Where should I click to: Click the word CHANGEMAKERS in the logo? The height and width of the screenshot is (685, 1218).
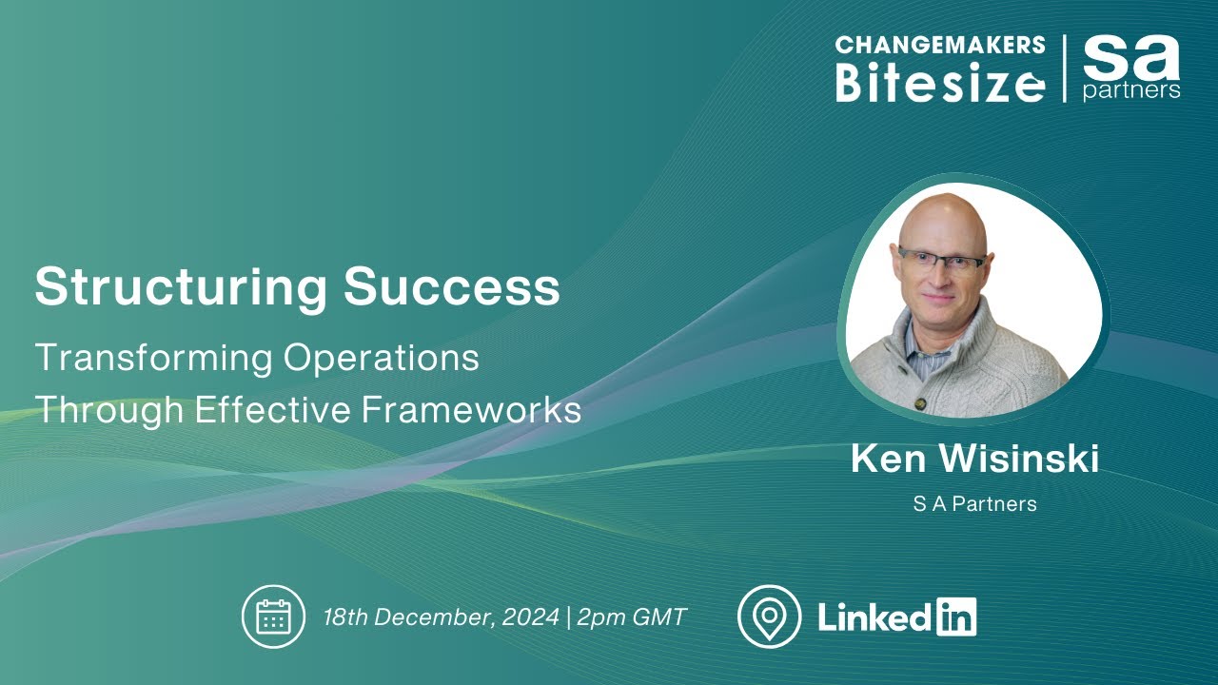point(940,46)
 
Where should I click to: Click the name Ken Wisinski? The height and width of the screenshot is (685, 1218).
point(974,460)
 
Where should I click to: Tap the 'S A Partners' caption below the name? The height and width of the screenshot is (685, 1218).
point(974,504)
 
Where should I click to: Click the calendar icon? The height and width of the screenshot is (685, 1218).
point(273,616)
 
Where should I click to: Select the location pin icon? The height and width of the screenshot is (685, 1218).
point(769,616)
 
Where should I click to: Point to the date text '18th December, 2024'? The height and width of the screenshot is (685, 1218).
point(441,616)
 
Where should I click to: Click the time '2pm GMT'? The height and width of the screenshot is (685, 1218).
point(632,616)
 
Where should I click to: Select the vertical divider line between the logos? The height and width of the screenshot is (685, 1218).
point(1064,68)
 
